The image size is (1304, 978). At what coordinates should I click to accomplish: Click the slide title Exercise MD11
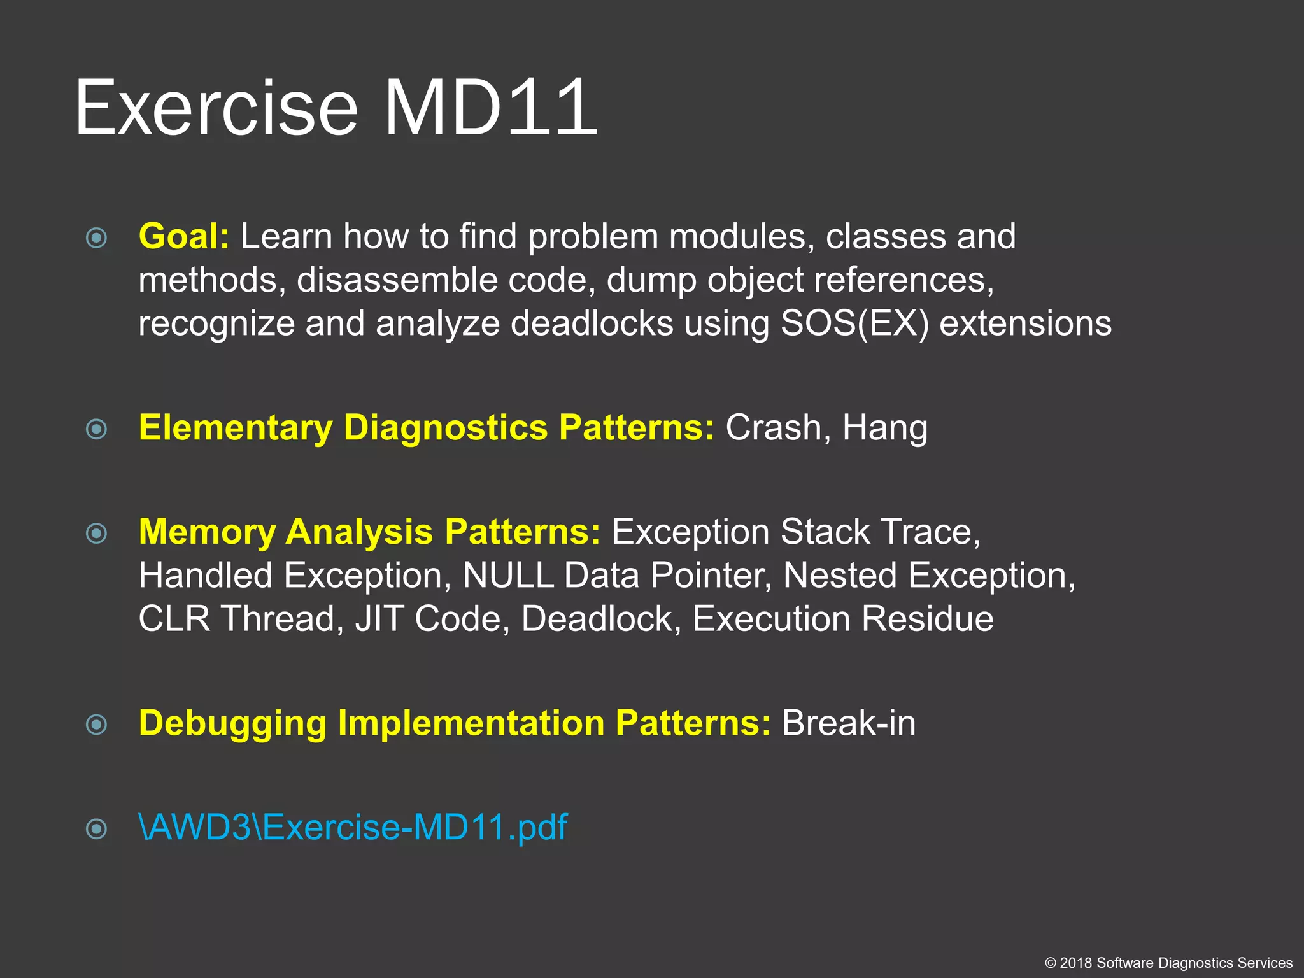coord(336,107)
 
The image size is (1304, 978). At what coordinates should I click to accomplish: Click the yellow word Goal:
coord(184,236)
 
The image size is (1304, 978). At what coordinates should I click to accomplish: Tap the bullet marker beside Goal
coord(96,238)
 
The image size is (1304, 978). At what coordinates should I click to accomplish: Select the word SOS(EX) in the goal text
coord(854,323)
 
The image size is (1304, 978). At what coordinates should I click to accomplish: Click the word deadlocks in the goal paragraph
coord(592,323)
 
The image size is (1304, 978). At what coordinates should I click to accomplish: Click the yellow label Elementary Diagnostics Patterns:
coord(427,427)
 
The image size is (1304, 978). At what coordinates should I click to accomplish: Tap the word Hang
coord(884,427)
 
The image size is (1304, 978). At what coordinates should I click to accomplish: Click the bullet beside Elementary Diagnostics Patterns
coord(96,429)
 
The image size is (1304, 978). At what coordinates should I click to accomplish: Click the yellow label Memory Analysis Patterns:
coord(369,532)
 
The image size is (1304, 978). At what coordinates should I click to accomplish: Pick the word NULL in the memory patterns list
coord(507,576)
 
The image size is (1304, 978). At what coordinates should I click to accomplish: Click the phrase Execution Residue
coord(842,619)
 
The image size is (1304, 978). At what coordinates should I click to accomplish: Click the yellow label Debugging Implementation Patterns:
coord(455,723)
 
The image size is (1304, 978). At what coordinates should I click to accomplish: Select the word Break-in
coord(849,723)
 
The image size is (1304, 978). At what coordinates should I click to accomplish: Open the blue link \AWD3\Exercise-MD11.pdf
coord(353,827)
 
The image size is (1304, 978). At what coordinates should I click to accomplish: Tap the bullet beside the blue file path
coord(96,829)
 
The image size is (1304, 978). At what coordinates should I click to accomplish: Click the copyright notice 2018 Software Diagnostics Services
coord(1168,963)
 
